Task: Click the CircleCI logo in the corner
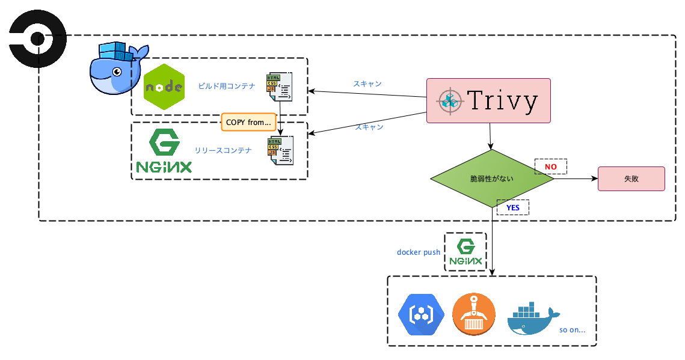pyautogui.click(x=37, y=40)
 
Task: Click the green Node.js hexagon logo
pyautogui.click(x=164, y=86)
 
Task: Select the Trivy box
pyautogui.click(x=488, y=100)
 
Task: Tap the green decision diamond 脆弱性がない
pyautogui.click(x=492, y=179)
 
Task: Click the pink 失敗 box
pyautogui.click(x=631, y=179)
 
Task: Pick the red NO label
pyautogui.click(x=551, y=166)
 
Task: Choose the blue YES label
pyautogui.click(x=512, y=207)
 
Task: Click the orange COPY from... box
pyautogui.click(x=248, y=122)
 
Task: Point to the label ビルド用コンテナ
pyautogui.click(x=227, y=86)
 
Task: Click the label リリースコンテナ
pyautogui.click(x=223, y=150)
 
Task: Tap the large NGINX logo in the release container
pyautogui.click(x=164, y=151)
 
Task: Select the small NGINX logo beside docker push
pyautogui.click(x=465, y=252)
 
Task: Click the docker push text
pyautogui.click(x=419, y=252)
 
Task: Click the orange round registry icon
pyautogui.click(x=473, y=314)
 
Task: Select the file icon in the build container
pyautogui.click(x=280, y=87)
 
